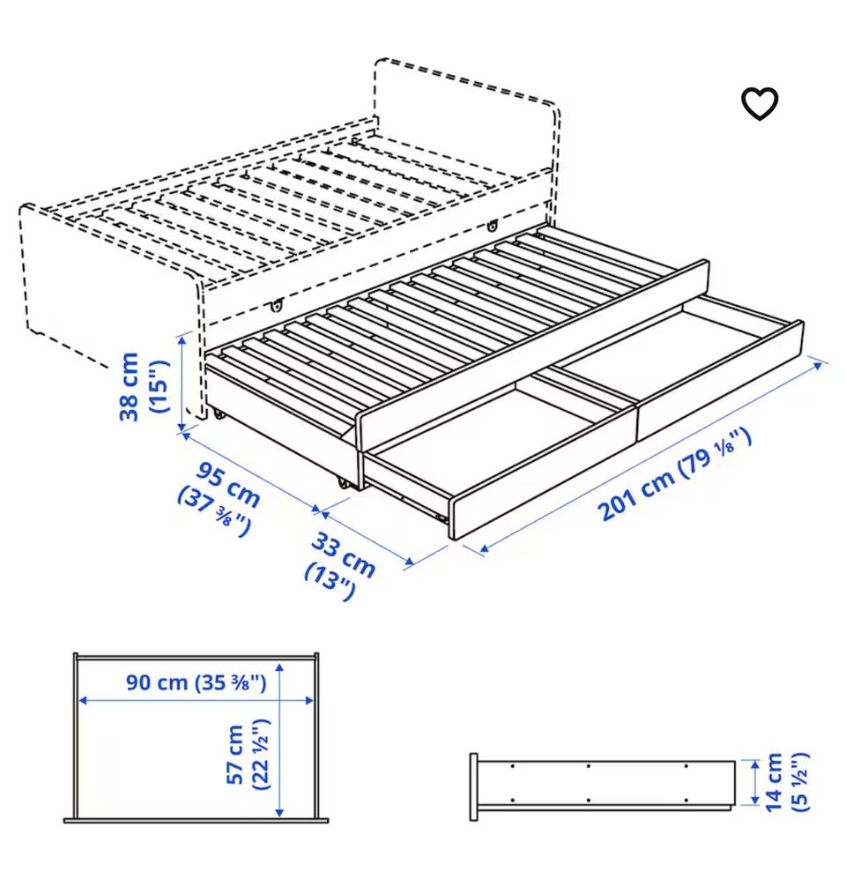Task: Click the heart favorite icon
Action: coord(760,104)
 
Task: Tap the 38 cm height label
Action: coord(129,386)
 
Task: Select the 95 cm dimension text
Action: coord(228,484)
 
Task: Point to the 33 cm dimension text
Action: coord(344,555)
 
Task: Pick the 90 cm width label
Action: coord(157,682)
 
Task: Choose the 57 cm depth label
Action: coord(235,755)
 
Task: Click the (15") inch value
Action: coord(159,386)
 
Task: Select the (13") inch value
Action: coord(330,582)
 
